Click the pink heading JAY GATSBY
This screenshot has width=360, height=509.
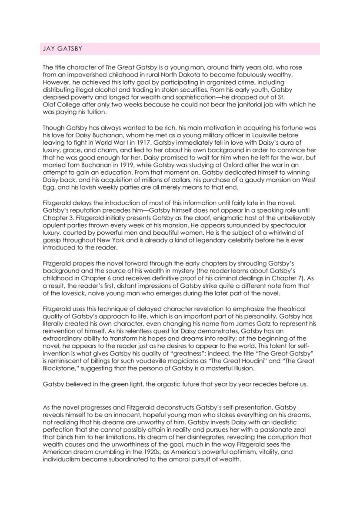[62, 49]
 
